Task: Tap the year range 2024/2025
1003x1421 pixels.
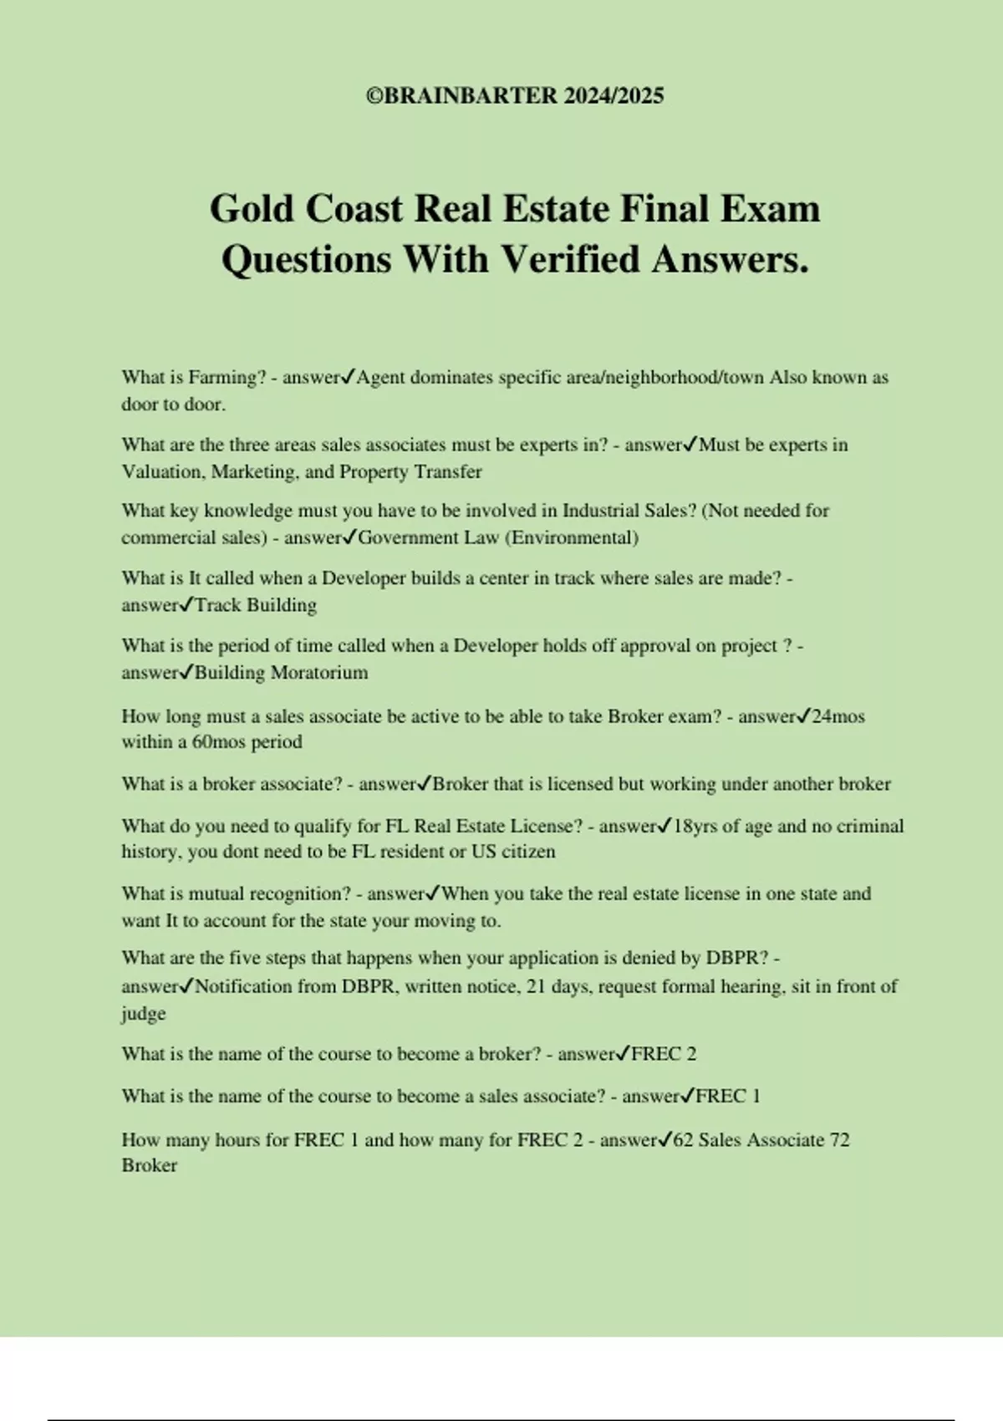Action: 614,96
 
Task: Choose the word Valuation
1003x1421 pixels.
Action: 163,472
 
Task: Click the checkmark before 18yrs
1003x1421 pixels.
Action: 665,826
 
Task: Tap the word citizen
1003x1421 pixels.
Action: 528,852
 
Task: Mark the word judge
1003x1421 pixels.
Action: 144,1014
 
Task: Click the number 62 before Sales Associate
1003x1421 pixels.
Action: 683,1140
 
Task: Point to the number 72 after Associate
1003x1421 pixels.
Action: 839,1140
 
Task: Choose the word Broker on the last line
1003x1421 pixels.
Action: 150,1166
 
